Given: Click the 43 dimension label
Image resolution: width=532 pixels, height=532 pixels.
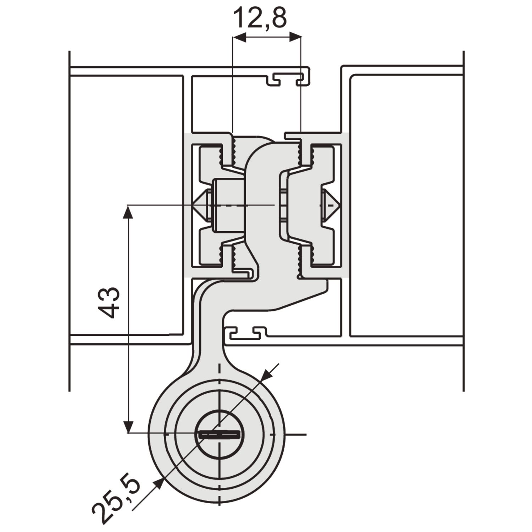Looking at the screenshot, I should (109, 302).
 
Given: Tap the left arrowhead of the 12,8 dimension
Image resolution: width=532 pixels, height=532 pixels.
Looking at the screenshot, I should (239, 37).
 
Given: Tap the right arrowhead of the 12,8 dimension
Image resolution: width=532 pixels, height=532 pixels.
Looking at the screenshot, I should (294, 37).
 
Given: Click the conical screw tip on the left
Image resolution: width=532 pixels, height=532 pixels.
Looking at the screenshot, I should (201, 205).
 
